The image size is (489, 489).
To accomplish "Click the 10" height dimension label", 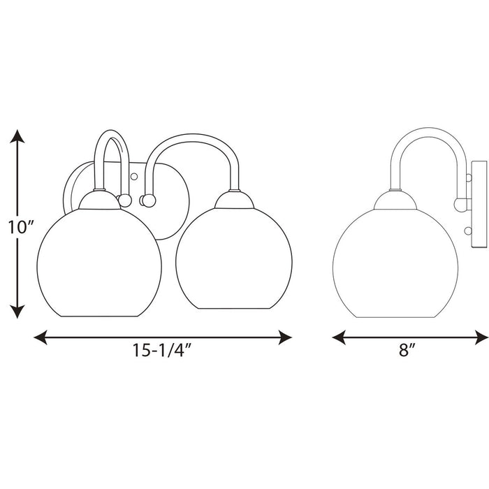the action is [20, 227].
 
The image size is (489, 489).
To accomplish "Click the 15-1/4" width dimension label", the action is [161, 350].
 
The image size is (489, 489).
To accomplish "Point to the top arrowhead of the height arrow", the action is [17, 136].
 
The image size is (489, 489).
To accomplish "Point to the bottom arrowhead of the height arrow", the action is [17, 312].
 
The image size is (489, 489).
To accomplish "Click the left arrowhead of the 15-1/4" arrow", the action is [41, 337].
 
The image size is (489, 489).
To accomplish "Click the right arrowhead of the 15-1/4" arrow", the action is [285, 337].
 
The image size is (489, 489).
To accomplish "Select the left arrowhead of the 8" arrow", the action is [339, 337].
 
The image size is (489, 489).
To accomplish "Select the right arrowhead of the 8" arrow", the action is [481, 337].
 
